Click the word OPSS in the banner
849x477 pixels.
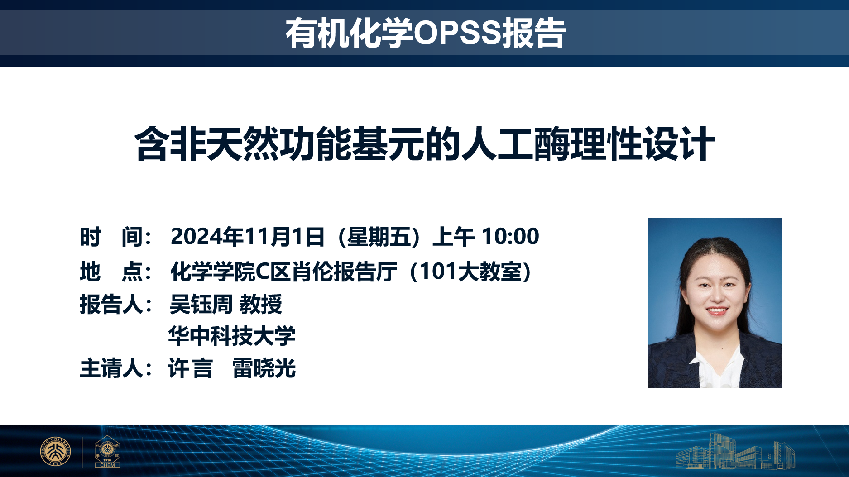(457, 33)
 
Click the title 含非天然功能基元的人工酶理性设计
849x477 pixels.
(425, 144)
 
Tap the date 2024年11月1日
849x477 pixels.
(248, 237)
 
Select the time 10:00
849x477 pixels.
(510, 236)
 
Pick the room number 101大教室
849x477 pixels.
(471, 272)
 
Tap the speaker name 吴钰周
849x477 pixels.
(201, 304)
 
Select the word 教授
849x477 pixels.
(261, 304)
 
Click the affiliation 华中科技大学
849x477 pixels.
(232, 336)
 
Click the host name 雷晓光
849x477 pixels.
(264, 368)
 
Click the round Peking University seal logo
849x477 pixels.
(56, 451)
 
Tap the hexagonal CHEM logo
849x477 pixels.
(107, 452)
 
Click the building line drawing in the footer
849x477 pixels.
(735, 451)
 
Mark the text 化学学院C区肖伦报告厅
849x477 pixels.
(284, 272)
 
